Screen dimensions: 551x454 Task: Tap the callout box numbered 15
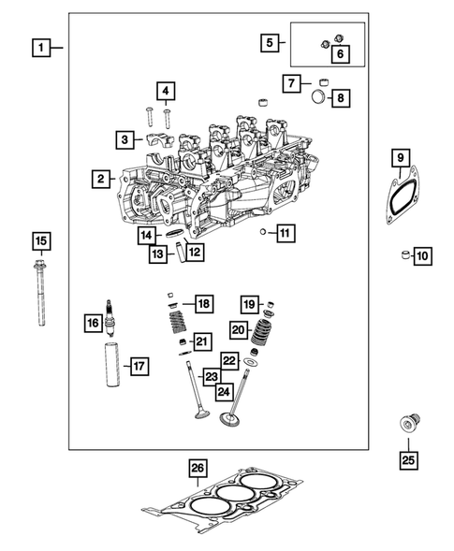click(40, 241)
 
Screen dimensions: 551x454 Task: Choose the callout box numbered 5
click(270, 42)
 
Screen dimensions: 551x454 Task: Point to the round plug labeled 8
click(316, 97)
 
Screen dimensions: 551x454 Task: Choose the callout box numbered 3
click(124, 139)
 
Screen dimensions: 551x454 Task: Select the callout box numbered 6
click(340, 55)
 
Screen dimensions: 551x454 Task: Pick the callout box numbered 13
click(161, 253)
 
